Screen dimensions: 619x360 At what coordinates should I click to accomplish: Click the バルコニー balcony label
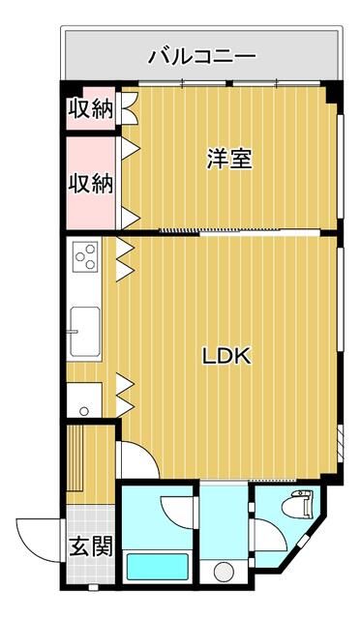click(x=201, y=56)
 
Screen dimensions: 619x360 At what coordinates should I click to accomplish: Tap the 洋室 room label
click(x=229, y=160)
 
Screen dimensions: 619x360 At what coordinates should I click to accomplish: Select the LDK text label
click(x=226, y=356)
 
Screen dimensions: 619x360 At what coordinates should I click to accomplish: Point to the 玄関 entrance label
click(x=90, y=546)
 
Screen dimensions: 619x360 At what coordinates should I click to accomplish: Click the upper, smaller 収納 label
click(x=89, y=109)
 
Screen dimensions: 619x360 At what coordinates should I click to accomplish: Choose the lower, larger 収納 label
click(x=89, y=182)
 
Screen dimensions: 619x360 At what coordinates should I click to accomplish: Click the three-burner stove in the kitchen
click(x=85, y=258)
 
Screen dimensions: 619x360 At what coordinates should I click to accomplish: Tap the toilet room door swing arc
click(x=266, y=532)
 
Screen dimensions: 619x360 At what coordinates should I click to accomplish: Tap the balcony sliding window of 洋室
click(x=232, y=85)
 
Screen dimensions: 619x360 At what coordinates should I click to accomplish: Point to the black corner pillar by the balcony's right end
click(x=335, y=92)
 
